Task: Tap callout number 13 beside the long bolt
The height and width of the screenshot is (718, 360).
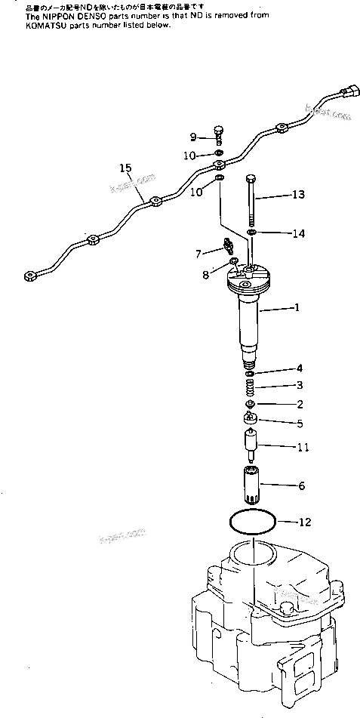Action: tap(299, 195)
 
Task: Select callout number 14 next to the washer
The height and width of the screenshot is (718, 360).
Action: tap(299, 233)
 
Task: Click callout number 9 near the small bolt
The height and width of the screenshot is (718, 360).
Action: tap(193, 137)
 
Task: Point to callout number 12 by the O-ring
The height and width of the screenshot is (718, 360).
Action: tap(304, 521)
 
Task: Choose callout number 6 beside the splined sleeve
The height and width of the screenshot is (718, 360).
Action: tap(301, 485)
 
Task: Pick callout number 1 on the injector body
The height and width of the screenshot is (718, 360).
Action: tap(297, 307)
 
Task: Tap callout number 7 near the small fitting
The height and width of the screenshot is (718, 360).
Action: tap(198, 253)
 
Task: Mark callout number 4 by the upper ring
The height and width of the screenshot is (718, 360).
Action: tap(299, 368)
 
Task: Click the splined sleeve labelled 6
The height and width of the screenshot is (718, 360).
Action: tap(251, 485)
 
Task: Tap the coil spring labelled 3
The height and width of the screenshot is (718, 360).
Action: tap(250, 388)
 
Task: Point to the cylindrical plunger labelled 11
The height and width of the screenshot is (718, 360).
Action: tap(251, 445)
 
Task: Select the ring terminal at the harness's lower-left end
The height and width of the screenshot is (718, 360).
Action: tap(30, 276)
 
